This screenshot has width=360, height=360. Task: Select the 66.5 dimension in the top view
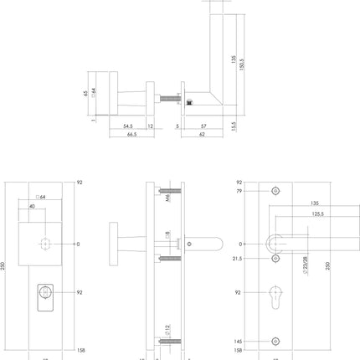pyautogui.click(x=131, y=135)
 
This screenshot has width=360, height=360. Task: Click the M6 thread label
pyautogui.click(x=167, y=199)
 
